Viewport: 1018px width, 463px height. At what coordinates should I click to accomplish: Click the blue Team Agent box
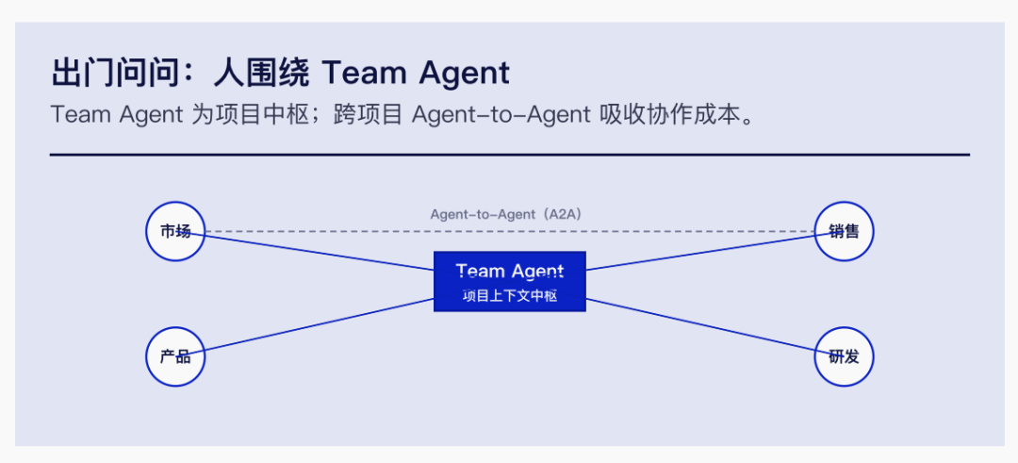(510, 281)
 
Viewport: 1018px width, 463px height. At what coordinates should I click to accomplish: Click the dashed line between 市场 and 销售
(510, 231)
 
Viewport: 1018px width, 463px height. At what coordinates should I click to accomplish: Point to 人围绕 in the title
(262, 73)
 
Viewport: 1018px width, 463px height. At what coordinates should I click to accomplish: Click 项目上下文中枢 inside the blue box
(510, 296)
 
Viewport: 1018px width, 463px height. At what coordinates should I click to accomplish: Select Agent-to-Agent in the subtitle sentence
(501, 115)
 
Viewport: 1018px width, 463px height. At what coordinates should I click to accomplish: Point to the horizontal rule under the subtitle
(510, 155)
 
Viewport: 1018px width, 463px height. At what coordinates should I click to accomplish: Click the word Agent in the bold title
(464, 74)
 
